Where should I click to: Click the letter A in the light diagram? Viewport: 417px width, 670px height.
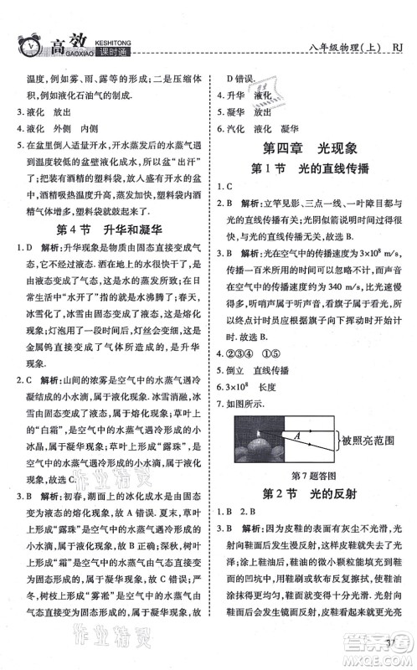296,434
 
